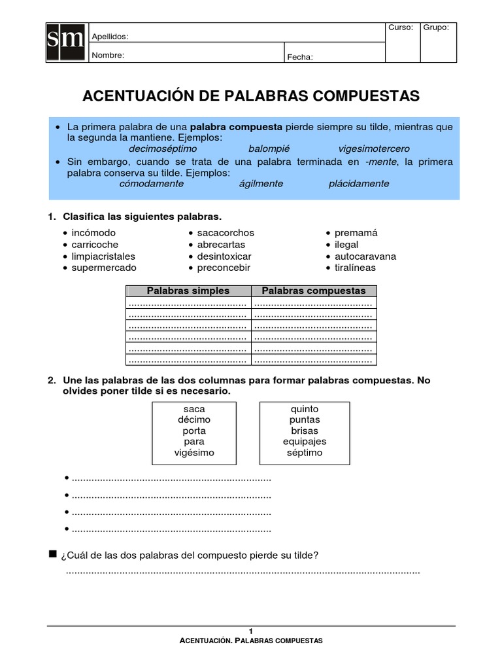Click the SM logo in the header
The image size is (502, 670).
click(x=66, y=43)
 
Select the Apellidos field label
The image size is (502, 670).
click(x=110, y=37)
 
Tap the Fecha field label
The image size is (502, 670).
click(x=300, y=57)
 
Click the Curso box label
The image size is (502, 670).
click(x=401, y=27)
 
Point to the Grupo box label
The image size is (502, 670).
click(x=436, y=27)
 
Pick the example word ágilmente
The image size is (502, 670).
click(x=261, y=184)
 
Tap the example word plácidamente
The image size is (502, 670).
click(x=359, y=184)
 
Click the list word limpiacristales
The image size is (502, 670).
click(x=103, y=256)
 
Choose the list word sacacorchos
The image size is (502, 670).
click(x=226, y=233)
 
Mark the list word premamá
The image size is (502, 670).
click(x=356, y=233)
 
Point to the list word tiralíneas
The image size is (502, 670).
click(x=356, y=268)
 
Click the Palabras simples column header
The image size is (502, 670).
click(x=188, y=291)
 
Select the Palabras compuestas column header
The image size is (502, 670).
click(x=314, y=291)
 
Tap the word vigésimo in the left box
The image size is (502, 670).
click(x=195, y=453)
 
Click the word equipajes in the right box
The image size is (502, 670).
click(x=305, y=442)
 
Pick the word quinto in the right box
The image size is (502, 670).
click(x=305, y=409)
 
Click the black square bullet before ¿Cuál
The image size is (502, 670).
click(x=53, y=555)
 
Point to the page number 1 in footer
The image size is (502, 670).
click(x=251, y=631)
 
